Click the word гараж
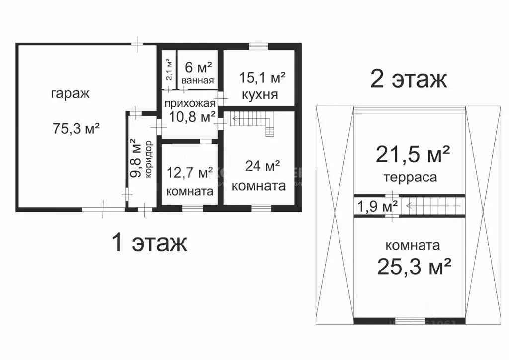tap(70, 94)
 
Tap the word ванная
tap(198, 81)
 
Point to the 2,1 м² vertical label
tap(169, 70)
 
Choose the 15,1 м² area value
tap(262, 77)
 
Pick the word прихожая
tap(190, 103)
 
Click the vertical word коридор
tap(149, 161)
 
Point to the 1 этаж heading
tap(149, 243)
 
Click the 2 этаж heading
tap(409, 79)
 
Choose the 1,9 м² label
tap(376, 206)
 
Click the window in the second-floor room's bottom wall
tap(410, 321)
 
